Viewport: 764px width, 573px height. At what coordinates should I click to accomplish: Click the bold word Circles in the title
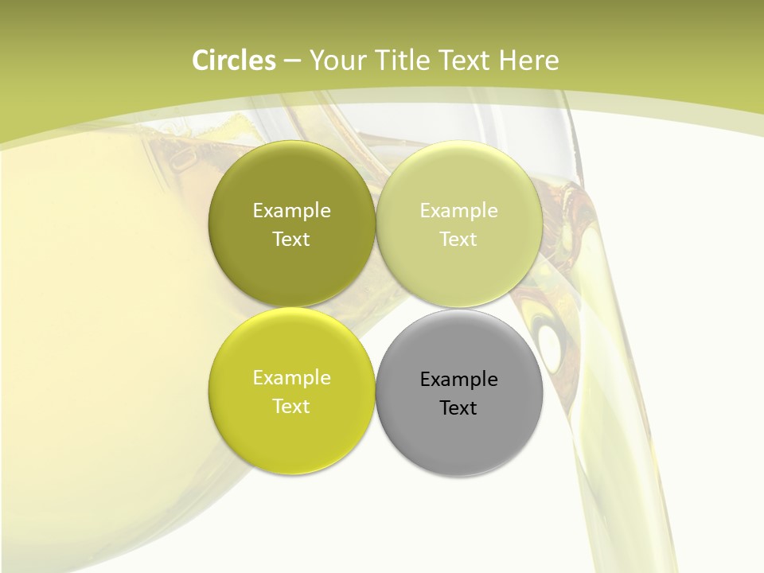[233, 60]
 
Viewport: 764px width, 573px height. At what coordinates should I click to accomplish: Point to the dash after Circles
[291, 61]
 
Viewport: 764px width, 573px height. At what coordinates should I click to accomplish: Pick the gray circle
[458, 430]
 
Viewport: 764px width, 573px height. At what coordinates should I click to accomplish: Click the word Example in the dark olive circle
[291, 210]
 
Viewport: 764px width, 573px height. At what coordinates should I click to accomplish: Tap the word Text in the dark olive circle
[291, 239]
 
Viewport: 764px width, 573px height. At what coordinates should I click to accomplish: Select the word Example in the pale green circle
[458, 210]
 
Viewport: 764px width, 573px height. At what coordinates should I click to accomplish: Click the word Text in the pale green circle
[458, 239]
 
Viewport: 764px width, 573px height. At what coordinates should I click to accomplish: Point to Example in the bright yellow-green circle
[291, 377]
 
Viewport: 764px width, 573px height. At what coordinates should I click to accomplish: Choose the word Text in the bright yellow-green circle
[291, 406]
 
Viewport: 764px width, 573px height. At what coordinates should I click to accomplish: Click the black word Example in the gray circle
[458, 379]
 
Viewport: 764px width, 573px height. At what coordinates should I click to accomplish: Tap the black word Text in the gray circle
[458, 407]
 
